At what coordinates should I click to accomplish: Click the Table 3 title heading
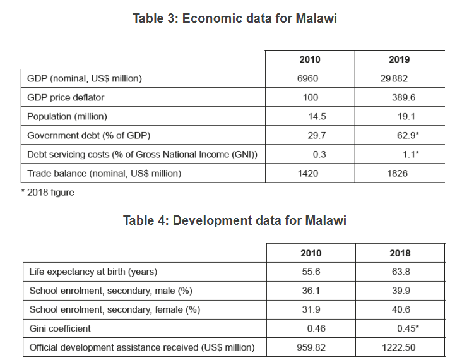click(x=234, y=18)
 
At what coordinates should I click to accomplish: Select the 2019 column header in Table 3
click(x=400, y=59)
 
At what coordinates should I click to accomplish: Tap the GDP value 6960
click(x=309, y=78)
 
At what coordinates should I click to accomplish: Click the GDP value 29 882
click(x=399, y=78)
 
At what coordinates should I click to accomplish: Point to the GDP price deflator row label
click(x=66, y=97)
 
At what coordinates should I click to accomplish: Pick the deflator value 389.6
click(x=403, y=97)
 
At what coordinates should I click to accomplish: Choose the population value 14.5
click(x=314, y=116)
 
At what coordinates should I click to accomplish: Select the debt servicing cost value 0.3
click(x=319, y=154)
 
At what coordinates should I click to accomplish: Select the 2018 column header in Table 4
click(x=400, y=253)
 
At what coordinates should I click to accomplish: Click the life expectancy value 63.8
click(x=400, y=272)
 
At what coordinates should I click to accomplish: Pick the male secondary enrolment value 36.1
click(x=310, y=291)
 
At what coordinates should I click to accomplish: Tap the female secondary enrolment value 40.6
click(x=400, y=309)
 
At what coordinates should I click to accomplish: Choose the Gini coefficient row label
click(x=60, y=328)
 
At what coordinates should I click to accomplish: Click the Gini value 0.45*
click(x=406, y=328)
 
